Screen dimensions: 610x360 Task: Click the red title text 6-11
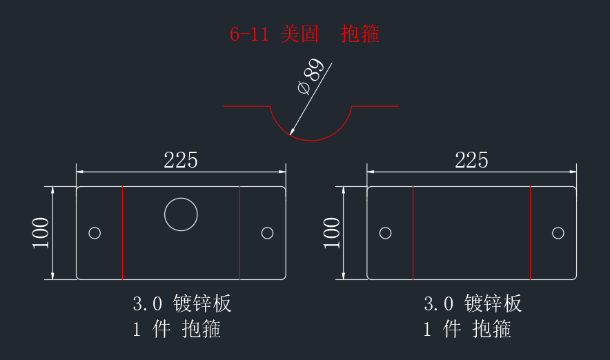coord(249,34)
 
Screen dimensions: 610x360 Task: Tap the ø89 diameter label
coord(311,76)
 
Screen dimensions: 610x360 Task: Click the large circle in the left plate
coord(181,198)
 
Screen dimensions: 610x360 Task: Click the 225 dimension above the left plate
coord(181,160)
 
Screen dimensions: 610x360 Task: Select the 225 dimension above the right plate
coord(471,160)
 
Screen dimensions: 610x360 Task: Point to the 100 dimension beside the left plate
coord(41,232)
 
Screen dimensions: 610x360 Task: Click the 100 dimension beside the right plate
coord(331,232)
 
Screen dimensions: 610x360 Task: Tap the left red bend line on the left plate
coord(123,233)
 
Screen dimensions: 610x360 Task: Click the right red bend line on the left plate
coord(239,233)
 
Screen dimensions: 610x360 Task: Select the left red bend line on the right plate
coord(413,233)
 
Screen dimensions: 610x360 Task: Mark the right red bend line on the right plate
coord(530,233)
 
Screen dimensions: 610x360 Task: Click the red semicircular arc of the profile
coord(311,140)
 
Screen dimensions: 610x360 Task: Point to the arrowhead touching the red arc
coord(292,132)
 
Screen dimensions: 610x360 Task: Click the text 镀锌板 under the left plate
coord(202,303)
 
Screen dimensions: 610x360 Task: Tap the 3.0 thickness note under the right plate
coord(438,303)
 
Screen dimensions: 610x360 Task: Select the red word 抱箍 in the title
coord(360,34)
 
